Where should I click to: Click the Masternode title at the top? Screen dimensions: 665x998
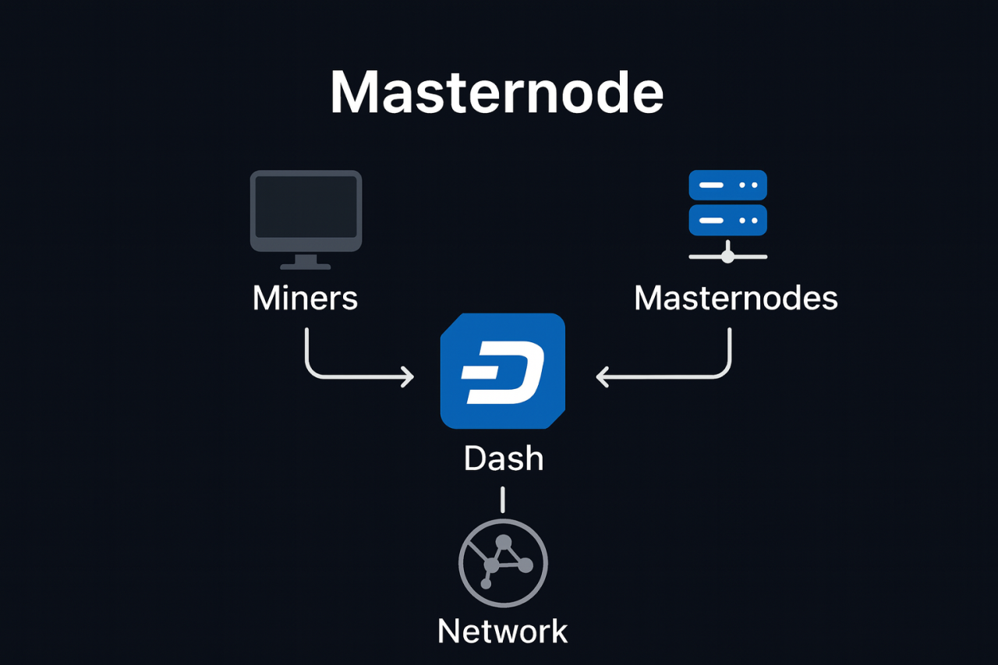(497, 93)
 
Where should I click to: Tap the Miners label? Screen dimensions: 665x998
(305, 298)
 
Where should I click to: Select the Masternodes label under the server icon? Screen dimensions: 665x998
(735, 298)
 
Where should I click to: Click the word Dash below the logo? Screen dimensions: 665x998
(503, 458)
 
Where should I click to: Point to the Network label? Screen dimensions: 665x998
(503, 631)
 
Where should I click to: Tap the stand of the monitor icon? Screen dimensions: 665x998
(306, 261)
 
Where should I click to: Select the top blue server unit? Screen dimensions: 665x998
(728, 186)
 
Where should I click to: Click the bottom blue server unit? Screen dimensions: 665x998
(728, 220)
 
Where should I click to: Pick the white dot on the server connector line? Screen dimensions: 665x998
(728, 256)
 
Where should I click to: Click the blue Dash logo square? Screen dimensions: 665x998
(503, 371)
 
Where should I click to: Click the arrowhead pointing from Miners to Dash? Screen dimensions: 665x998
(407, 377)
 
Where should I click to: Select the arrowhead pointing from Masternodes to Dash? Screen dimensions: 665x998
(603, 377)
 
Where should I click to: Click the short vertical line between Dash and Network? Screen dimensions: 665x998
(503, 500)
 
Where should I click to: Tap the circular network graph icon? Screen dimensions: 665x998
(503, 563)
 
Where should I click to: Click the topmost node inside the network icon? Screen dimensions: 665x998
(504, 542)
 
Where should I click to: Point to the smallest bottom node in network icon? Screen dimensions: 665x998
(486, 583)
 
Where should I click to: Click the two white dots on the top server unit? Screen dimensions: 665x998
(747, 186)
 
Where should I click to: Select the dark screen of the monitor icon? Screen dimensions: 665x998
(306, 207)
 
